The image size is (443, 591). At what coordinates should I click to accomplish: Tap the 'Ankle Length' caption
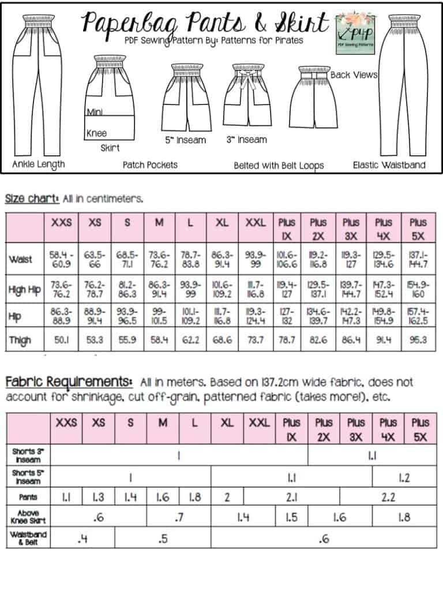pyautogui.click(x=39, y=164)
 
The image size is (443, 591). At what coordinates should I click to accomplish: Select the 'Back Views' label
pyautogui.click(x=354, y=75)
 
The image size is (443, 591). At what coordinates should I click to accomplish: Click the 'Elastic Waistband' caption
pyautogui.click(x=389, y=165)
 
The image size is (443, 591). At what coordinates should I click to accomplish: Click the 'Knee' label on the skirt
pyautogui.click(x=97, y=133)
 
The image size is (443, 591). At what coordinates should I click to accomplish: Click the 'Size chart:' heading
pyautogui.click(x=32, y=199)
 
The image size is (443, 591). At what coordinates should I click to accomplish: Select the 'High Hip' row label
pyautogui.click(x=25, y=290)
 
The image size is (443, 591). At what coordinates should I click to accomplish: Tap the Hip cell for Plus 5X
pyautogui.click(x=418, y=315)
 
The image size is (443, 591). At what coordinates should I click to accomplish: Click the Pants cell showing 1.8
pyautogui.click(x=195, y=497)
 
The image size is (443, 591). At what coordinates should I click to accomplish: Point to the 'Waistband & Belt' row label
pyautogui.click(x=28, y=538)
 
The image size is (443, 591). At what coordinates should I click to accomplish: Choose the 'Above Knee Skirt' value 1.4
pyautogui.click(x=243, y=518)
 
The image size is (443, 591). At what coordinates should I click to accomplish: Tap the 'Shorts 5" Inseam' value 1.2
pyautogui.click(x=404, y=477)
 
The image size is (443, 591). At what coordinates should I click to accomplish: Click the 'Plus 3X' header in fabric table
pyautogui.click(x=356, y=431)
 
